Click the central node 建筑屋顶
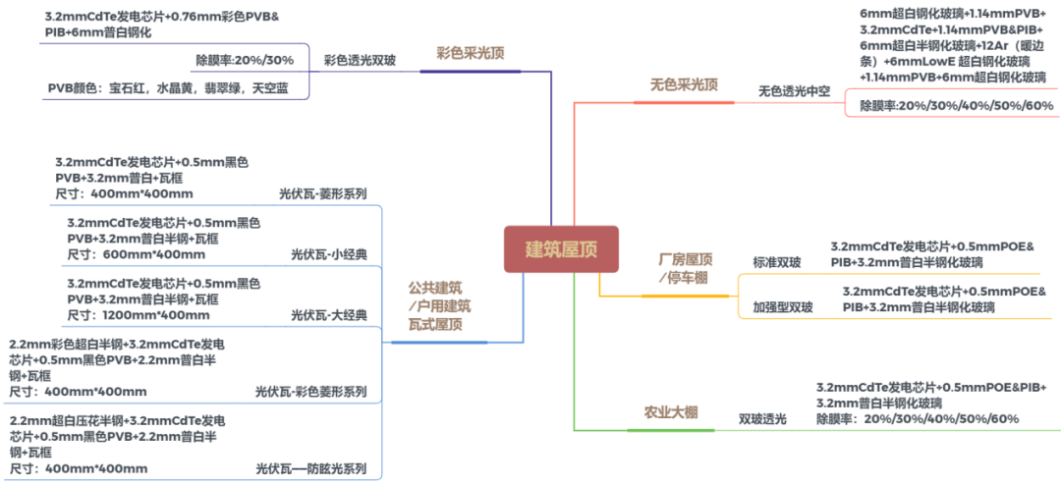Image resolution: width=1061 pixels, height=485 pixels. click(561, 249)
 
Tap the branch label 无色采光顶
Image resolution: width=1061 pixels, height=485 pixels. click(684, 85)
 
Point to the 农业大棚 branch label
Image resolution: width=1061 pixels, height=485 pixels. click(671, 412)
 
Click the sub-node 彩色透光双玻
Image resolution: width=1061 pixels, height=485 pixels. click(360, 60)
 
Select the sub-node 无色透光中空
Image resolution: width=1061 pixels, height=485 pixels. click(794, 91)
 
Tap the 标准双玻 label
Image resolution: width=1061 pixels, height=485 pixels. click(777, 262)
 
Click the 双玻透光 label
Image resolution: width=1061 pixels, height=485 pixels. click(763, 419)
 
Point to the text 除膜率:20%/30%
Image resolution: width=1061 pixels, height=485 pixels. click(245, 60)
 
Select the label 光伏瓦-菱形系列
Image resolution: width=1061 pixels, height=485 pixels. click(323, 193)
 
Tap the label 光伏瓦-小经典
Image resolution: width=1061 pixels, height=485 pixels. click(329, 254)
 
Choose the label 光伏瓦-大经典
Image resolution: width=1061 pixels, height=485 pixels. click(329, 315)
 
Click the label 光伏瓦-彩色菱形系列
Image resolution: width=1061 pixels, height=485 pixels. click(310, 392)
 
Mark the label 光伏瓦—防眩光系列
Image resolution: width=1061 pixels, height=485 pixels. click(310, 468)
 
